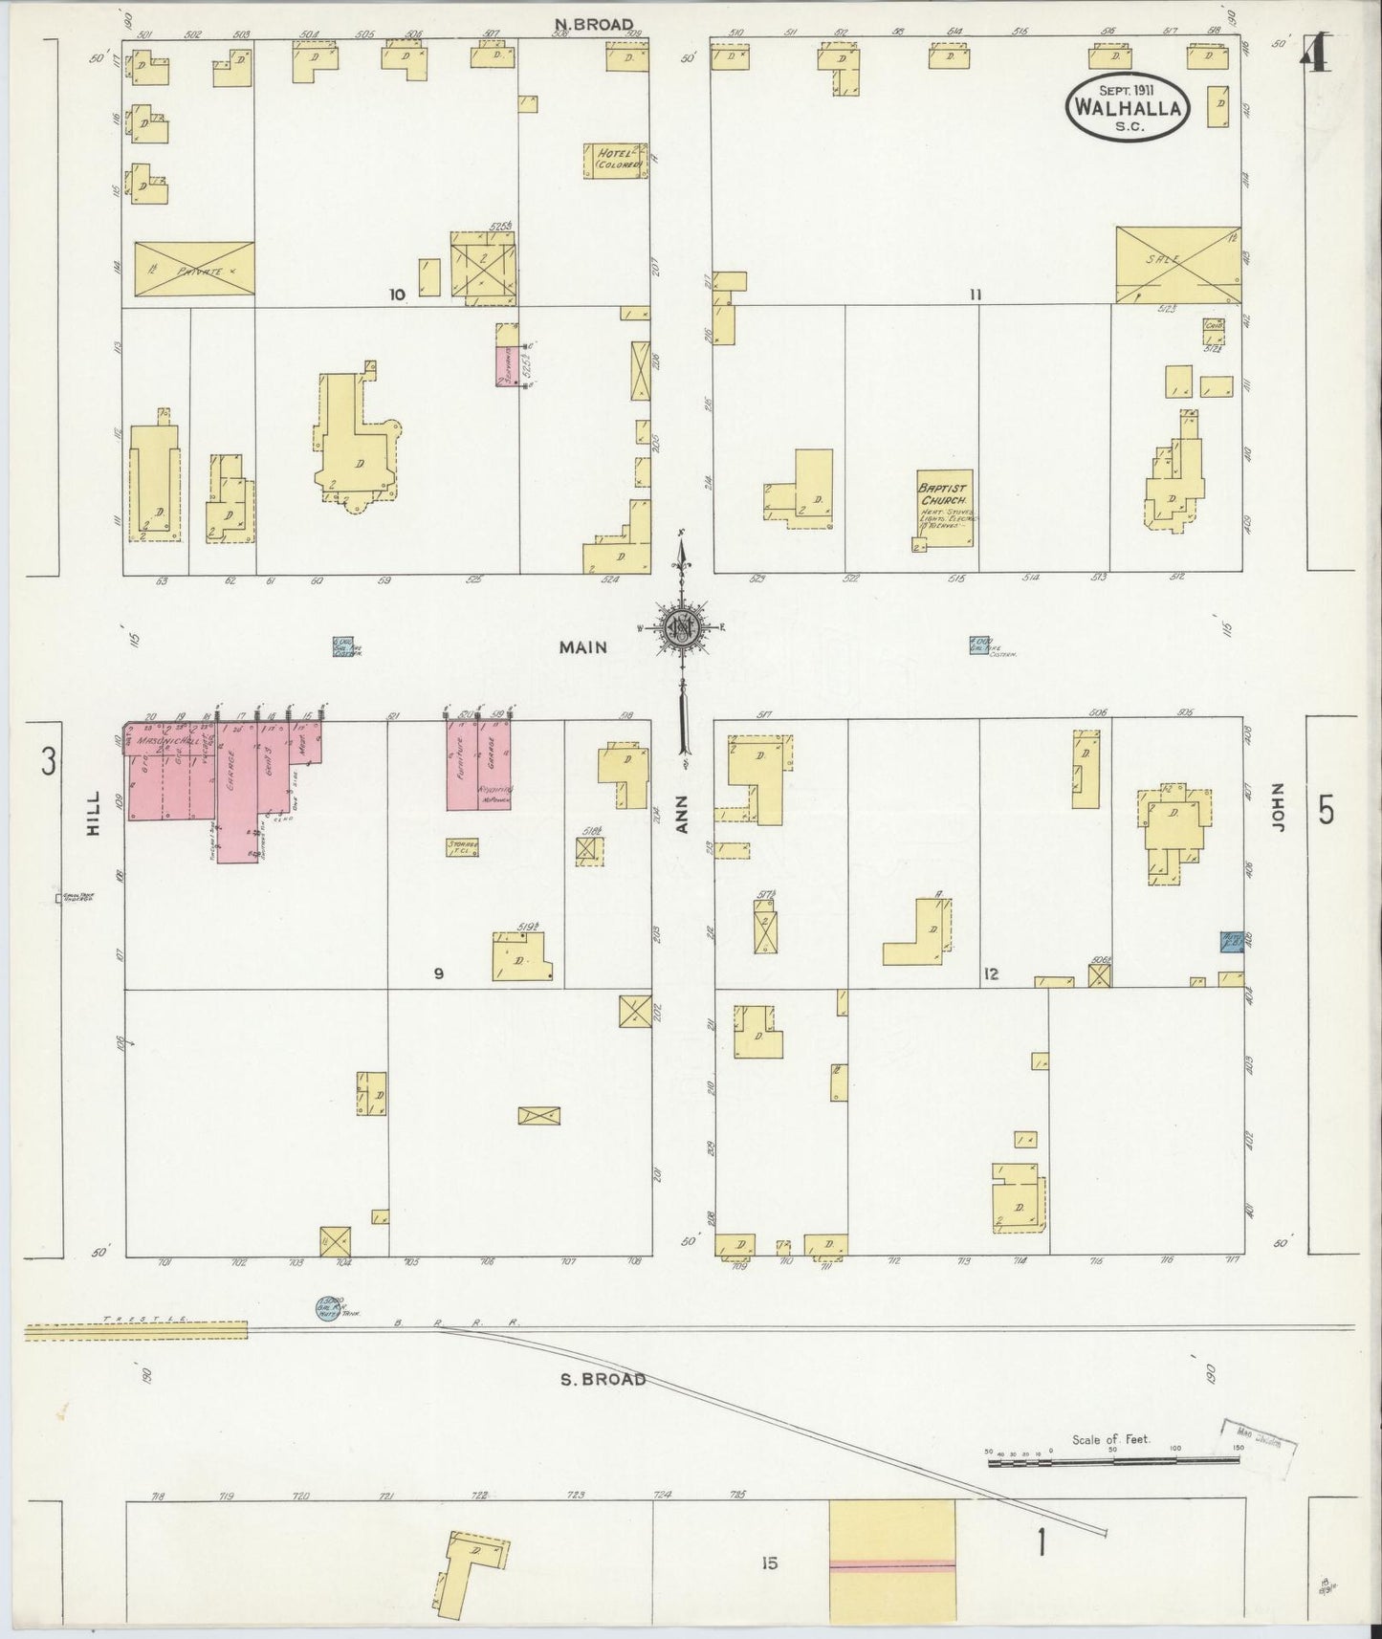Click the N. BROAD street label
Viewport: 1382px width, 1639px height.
point(594,24)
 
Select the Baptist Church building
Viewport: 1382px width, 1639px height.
point(944,509)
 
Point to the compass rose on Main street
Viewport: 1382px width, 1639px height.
point(682,628)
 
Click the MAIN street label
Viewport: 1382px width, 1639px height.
point(583,647)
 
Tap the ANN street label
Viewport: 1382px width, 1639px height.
point(683,816)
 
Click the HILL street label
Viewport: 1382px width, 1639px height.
point(94,819)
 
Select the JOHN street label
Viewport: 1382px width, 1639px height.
point(1281,807)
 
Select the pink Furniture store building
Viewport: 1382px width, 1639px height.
point(462,775)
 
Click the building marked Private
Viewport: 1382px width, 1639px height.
point(194,271)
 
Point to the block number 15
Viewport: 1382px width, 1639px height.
point(770,1563)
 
